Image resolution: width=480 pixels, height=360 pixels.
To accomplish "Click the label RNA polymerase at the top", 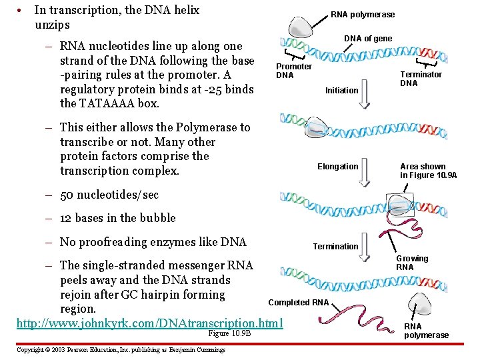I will coord(363,14).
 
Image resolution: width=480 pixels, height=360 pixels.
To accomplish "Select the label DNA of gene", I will coord(368,38).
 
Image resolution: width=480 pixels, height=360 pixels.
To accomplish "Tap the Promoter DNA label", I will coord(294,71).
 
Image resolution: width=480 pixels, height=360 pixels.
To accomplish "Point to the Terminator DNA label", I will coord(421,79).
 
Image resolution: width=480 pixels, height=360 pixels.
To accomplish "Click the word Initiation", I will coord(341,90).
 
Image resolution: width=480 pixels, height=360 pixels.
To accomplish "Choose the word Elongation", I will coord(337,166).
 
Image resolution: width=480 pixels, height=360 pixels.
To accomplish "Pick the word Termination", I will coord(335,246).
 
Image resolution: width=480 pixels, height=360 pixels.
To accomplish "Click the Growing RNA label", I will coord(412,263).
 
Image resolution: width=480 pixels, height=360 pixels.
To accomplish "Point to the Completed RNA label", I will coord(298,303).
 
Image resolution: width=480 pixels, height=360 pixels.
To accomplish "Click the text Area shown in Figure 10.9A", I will coord(428,171).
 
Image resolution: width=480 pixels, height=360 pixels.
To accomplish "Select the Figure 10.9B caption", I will coord(230,333).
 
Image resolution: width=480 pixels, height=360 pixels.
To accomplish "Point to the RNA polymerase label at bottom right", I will coord(426,331).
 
